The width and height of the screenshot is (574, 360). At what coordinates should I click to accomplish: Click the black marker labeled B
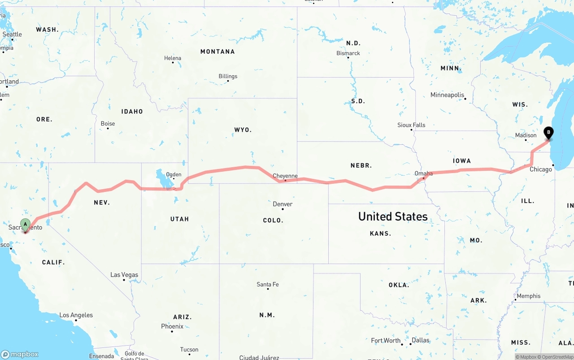pyautogui.click(x=548, y=133)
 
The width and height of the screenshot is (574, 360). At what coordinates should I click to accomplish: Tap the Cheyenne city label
pyautogui.click(x=285, y=176)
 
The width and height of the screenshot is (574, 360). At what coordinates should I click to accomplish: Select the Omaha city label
pyautogui.click(x=423, y=173)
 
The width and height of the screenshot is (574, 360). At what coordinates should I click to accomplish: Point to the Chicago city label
pyautogui.click(x=541, y=169)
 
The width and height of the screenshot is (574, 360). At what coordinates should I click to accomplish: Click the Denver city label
pyautogui.click(x=283, y=204)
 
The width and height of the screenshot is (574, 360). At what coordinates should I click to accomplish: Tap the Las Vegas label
pyautogui.click(x=124, y=275)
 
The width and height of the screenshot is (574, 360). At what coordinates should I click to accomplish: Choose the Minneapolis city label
pyautogui.click(x=447, y=95)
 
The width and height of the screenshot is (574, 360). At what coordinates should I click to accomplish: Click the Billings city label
pyautogui.click(x=228, y=76)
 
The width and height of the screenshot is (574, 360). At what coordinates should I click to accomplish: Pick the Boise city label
pyautogui.click(x=108, y=124)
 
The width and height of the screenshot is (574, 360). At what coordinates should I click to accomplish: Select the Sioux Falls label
pyautogui.click(x=411, y=125)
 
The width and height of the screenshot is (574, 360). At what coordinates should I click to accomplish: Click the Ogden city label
pyautogui.click(x=174, y=175)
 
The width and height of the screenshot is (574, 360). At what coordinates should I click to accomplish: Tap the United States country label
pyautogui.click(x=393, y=217)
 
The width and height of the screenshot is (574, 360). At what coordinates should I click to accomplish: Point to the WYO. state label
pyautogui.click(x=243, y=130)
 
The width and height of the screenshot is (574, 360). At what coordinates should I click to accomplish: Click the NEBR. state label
pyautogui.click(x=361, y=165)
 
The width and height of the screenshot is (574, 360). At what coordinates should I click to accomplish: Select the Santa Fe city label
pyautogui.click(x=267, y=284)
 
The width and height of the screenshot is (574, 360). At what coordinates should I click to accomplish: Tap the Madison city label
pyautogui.click(x=526, y=135)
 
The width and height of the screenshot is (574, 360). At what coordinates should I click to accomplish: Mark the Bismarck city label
pyautogui.click(x=348, y=53)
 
